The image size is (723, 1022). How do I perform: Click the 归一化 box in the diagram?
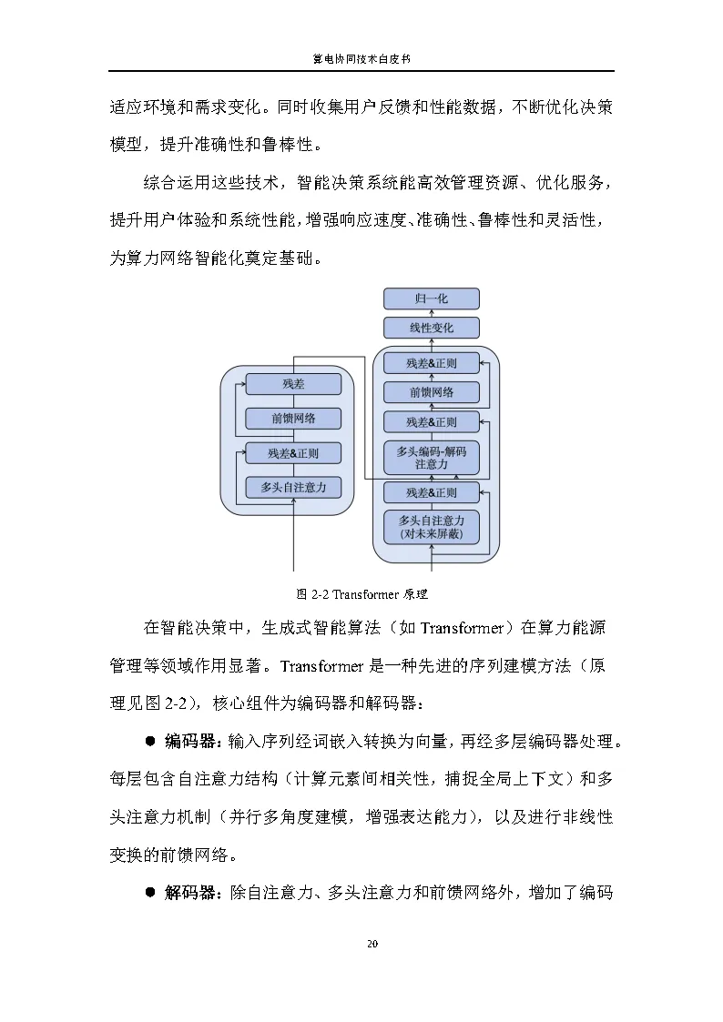click(x=431, y=299)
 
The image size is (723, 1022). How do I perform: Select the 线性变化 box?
click(x=431, y=328)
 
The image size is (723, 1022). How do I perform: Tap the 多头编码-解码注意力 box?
click(x=431, y=457)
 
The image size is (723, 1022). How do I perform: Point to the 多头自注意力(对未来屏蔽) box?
click(x=431, y=527)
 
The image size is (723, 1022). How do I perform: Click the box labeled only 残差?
click(x=293, y=384)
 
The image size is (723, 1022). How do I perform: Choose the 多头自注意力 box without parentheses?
click(x=293, y=488)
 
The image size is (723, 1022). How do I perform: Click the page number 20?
click(x=372, y=943)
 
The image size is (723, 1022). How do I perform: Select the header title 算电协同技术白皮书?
click(x=361, y=59)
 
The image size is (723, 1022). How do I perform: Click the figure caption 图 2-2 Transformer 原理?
click(x=361, y=595)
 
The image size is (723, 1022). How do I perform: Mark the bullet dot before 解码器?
click(x=151, y=893)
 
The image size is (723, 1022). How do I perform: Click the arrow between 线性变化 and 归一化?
click(x=431, y=313)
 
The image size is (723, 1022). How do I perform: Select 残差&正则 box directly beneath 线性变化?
click(x=431, y=363)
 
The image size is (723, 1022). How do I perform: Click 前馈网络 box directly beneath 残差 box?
click(x=293, y=419)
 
